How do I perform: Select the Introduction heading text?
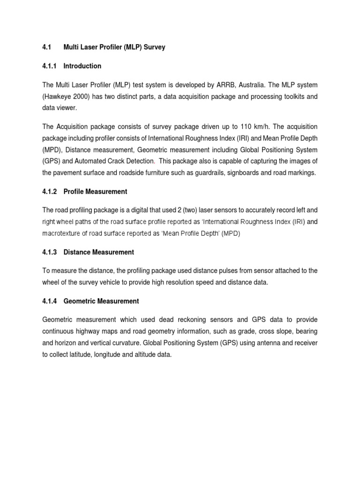tap(82, 66)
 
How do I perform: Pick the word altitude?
tap(143, 355)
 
